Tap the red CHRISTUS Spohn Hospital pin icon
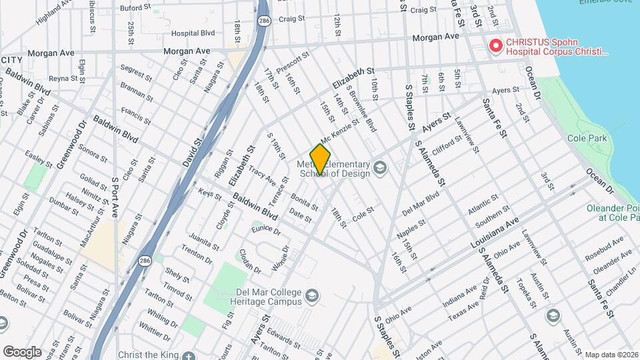pos(495,46)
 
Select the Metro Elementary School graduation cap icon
pos(380,166)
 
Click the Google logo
pos(22,352)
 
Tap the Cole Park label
pos(585,138)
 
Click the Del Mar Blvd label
pos(421,203)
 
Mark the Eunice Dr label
pos(266,230)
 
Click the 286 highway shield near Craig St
pos(265,21)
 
